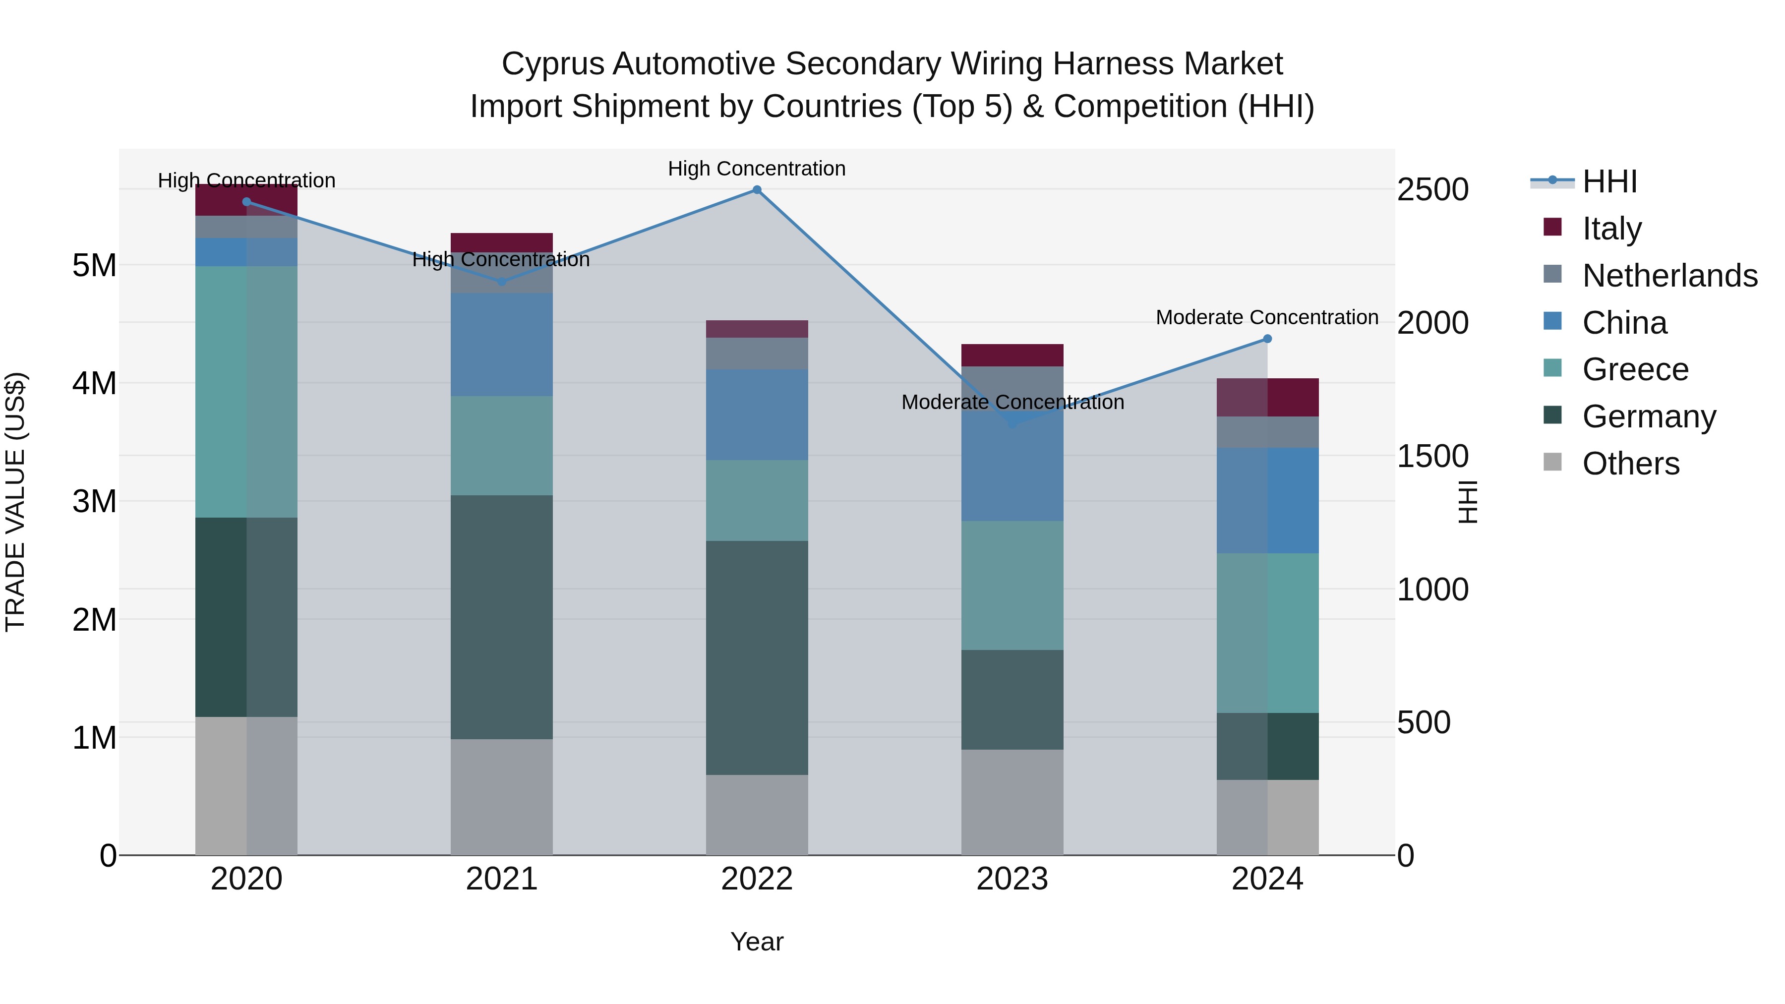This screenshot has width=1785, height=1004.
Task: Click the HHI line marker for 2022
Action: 757,190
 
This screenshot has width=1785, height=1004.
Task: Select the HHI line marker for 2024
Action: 1267,339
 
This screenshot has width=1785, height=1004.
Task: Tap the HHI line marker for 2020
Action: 247,202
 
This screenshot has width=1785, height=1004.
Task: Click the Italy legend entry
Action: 1611,229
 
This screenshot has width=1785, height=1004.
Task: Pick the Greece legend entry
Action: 1635,369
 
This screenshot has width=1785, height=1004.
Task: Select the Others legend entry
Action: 1630,464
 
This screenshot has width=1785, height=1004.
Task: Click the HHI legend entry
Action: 1609,181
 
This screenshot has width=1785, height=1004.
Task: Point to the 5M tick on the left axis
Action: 94,265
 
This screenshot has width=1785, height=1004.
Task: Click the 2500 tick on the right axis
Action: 1432,190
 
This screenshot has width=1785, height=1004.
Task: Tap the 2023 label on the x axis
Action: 1011,879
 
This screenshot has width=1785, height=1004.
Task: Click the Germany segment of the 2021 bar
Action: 502,617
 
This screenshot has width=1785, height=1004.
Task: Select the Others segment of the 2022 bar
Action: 757,814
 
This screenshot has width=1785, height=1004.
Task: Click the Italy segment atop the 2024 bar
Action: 1267,397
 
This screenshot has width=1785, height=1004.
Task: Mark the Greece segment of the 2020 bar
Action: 247,392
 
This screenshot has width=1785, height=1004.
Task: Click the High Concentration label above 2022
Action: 757,169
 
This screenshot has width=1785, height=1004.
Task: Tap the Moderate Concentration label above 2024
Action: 1267,317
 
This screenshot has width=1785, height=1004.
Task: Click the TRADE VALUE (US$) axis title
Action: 15,502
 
